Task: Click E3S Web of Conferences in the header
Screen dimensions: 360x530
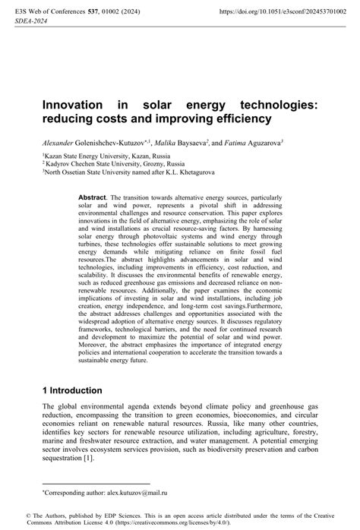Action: [45, 13]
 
